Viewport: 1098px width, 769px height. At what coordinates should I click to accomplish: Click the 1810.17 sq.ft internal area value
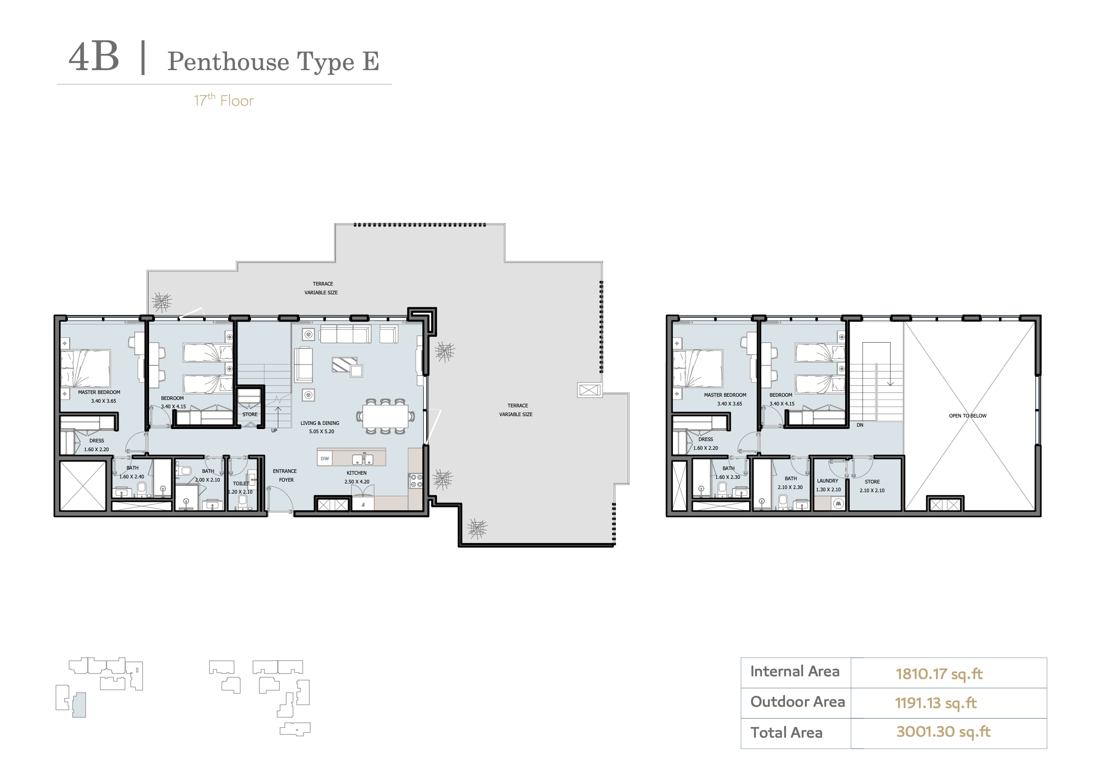pyautogui.click(x=939, y=674)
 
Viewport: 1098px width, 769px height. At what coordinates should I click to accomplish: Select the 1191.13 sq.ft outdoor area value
pyautogui.click(x=936, y=703)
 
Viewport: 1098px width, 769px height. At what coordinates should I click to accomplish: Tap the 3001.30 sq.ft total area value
pyautogui.click(x=943, y=732)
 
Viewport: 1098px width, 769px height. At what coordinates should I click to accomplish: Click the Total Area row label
pyautogui.click(x=786, y=733)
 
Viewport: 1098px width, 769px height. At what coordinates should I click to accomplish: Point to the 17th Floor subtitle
pyautogui.click(x=224, y=101)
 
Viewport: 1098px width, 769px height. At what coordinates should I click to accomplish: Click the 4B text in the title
pyautogui.click(x=94, y=57)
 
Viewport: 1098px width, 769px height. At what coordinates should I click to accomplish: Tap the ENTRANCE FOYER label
pyautogui.click(x=285, y=476)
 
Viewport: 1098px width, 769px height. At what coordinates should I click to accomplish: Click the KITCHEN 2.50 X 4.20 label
pyautogui.click(x=357, y=477)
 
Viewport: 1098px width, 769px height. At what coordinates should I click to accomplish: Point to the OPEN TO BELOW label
pyautogui.click(x=967, y=416)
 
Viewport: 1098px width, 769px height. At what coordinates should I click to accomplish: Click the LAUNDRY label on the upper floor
pyautogui.click(x=828, y=481)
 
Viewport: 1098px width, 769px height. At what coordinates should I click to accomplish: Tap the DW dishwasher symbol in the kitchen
pyautogui.click(x=325, y=459)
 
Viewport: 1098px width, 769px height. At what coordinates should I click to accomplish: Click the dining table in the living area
pyautogui.click(x=385, y=416)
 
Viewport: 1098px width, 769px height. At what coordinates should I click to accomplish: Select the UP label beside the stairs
pyautogui.click(x=274, y=430)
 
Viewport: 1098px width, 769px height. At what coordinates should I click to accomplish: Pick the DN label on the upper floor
pyautogui.click(x=860, y=425)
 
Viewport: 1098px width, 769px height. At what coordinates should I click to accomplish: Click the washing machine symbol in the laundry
pyautogui.click(x=838, y=504)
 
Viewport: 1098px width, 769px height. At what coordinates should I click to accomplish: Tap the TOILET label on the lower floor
pyautogui.click(x=241, y=483)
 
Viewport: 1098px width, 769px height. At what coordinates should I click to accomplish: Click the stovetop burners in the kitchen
pyautogui.click(x=416, y=481)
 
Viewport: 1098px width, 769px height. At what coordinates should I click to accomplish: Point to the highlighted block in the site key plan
pyautogui.click(x=79, y=705)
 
